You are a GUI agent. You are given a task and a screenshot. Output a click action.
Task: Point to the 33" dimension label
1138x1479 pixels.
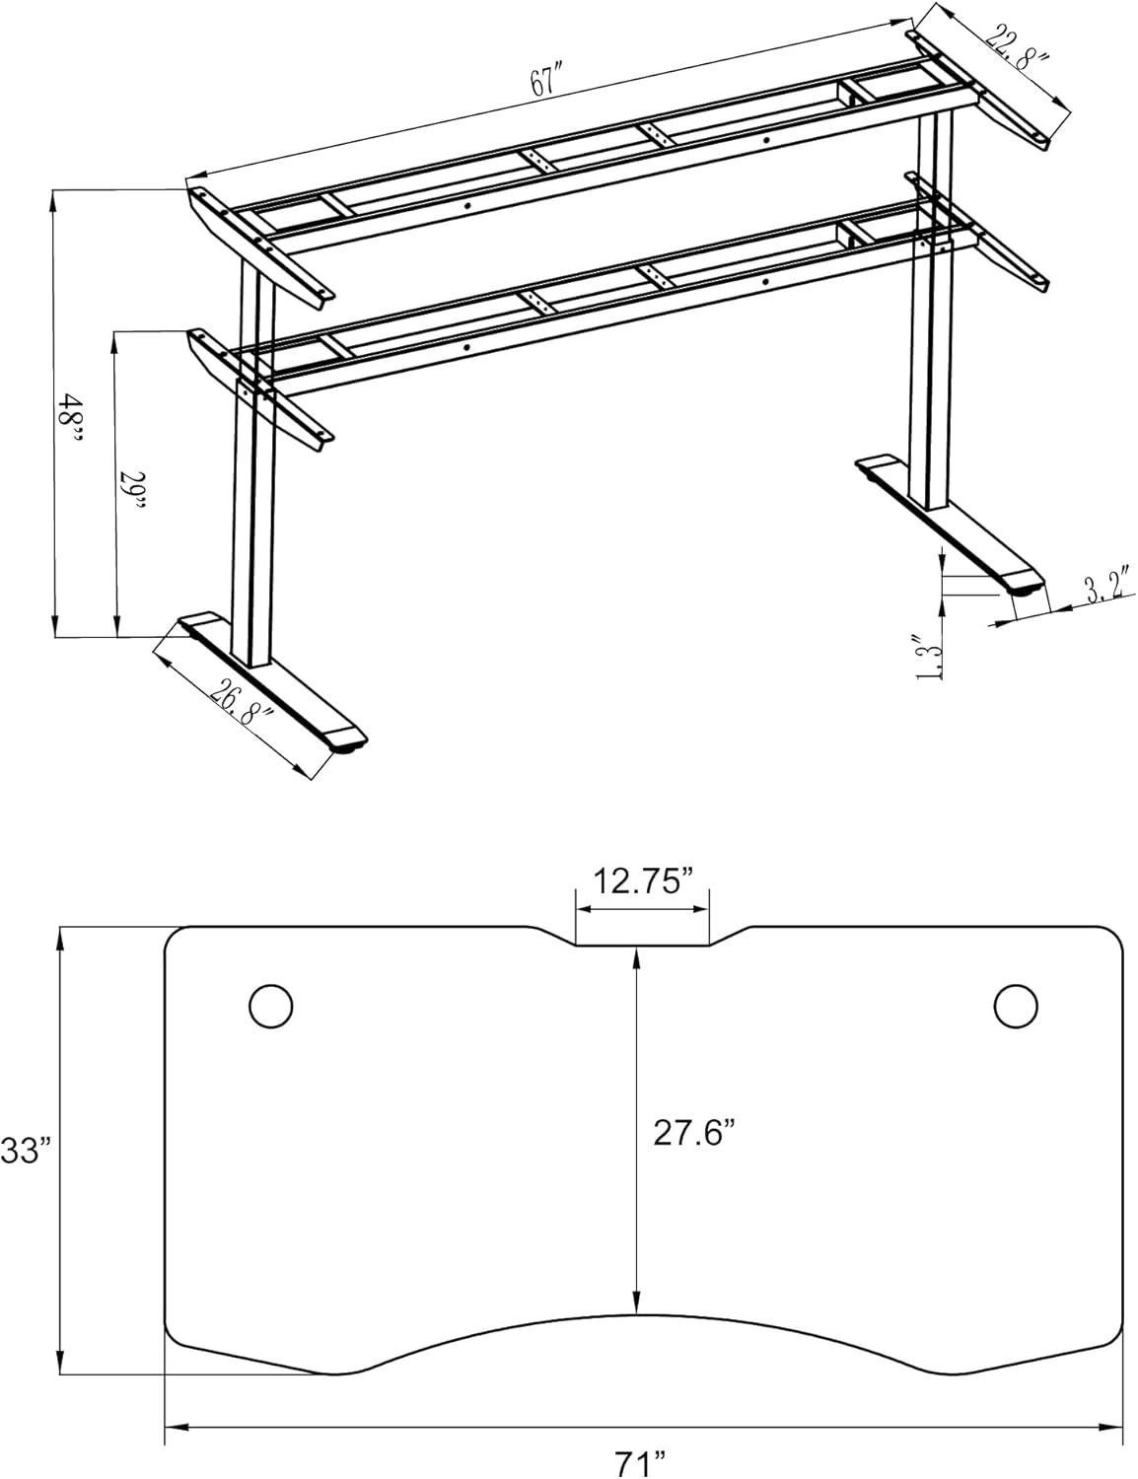click(25, 1150)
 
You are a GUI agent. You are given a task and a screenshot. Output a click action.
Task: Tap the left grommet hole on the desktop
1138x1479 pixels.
click(270, 1006)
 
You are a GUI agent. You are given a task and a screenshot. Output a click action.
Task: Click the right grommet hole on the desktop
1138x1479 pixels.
click(1016, 1005)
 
